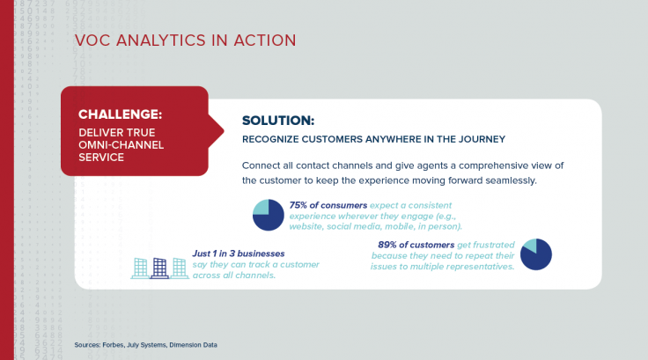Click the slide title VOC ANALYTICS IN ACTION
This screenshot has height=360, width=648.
click(185, 40)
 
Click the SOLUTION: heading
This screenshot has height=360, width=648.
click(277, 121)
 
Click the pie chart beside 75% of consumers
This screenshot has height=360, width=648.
click(268, 215)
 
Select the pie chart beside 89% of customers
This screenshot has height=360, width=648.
click(535, 253)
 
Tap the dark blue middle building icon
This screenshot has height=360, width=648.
click(158, 268)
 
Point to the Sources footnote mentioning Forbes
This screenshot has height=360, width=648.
click(145, 345)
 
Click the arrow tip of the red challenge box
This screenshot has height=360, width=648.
click(222, 131)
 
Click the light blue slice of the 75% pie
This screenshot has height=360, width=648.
click(261, 208)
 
